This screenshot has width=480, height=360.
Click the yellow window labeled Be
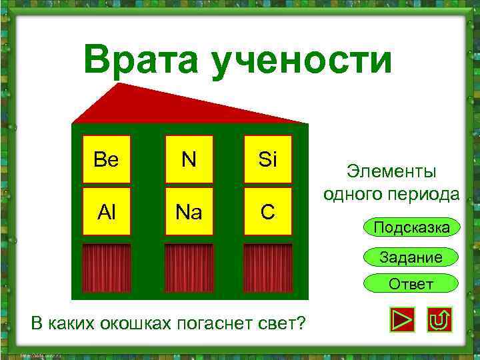click(x=106, y=159)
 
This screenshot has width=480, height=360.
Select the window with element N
click(x=189, y=159)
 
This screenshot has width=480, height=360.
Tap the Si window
click(x=267, y=159)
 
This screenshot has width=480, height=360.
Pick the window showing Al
click(x=106, y=211)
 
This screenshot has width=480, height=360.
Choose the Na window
click(x=189, y=211)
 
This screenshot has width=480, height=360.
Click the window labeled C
click(x=267, y=211)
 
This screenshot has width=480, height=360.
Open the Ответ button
click(x=411, y=284)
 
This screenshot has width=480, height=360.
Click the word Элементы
click(x=391, y=172)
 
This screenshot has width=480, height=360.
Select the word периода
click(x=425, y=194)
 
